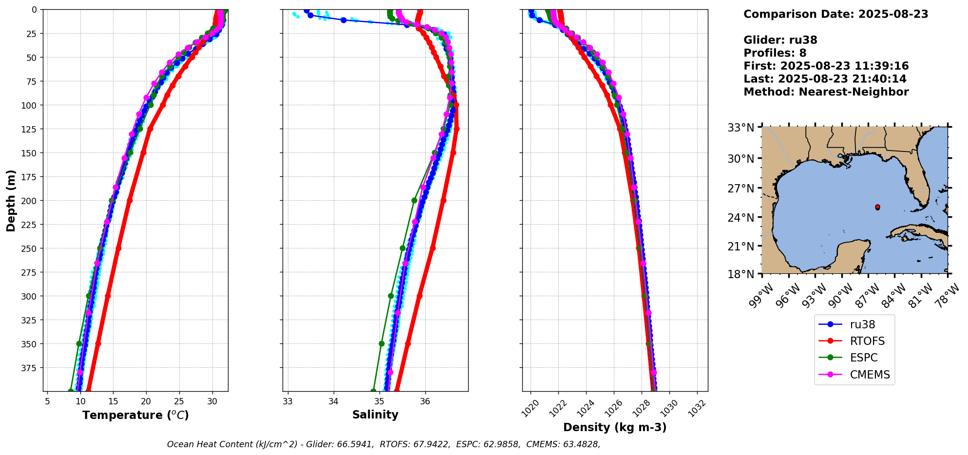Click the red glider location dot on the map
click(x=877, y=207)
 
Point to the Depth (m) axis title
click(x=11, y=200)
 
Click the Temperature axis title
click(x=135, y=415)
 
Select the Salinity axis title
click(x=375, y=415)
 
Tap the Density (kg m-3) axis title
click(x=615, y=427)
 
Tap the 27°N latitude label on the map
click(x=740, y=189)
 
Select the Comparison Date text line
click(x=835, y=14)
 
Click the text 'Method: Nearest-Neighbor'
click(x=826, y=92)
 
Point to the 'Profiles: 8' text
click(x=775, y=53)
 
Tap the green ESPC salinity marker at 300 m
click(x=391, y=296)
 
